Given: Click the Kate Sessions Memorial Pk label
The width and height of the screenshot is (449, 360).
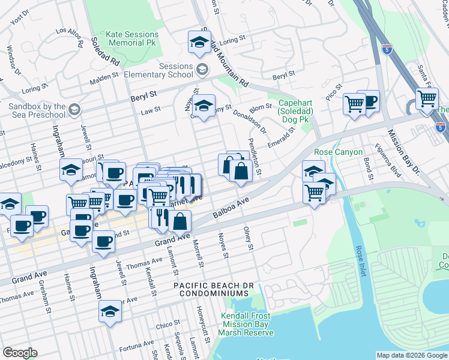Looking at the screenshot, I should point(132,39).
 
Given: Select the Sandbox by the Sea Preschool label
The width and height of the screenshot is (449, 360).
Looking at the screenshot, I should point(33,110).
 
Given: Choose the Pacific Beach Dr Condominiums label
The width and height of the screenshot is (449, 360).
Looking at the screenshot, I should point(211,289).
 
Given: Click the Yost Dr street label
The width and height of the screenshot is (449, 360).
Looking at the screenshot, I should point(20,20).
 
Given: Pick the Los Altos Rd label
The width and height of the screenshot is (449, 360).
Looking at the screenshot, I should point(69,37).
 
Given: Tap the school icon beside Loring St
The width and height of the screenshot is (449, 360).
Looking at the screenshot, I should point(199,41).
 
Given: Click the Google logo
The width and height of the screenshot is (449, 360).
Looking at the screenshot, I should point(20,353).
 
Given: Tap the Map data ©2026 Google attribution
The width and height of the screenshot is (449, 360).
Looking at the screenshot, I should point(412,355).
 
